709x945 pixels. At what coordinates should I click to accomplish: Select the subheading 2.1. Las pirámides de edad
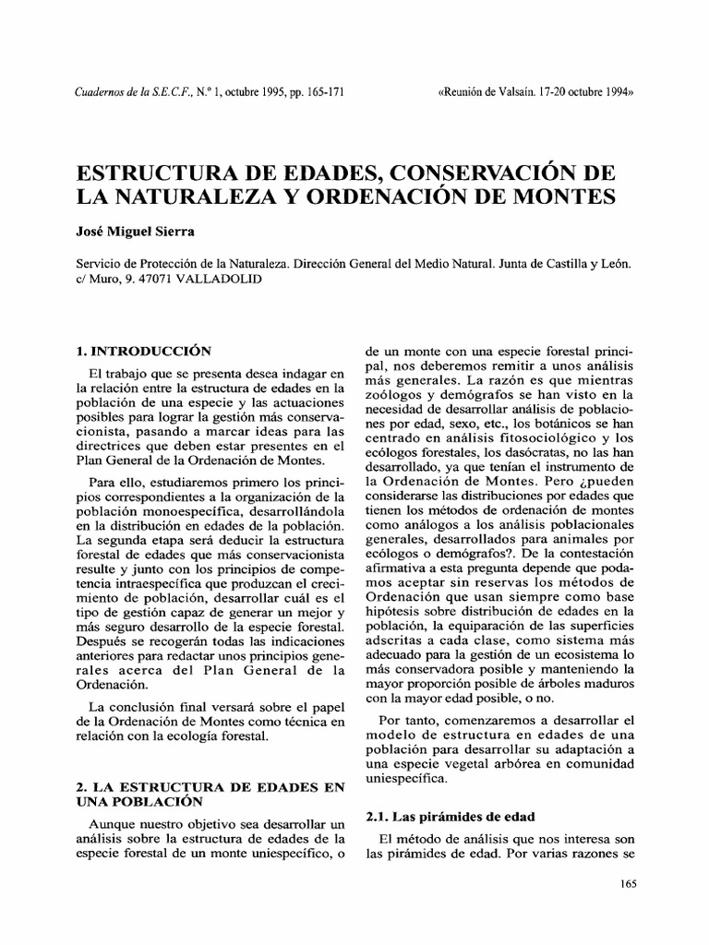point(451,817)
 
